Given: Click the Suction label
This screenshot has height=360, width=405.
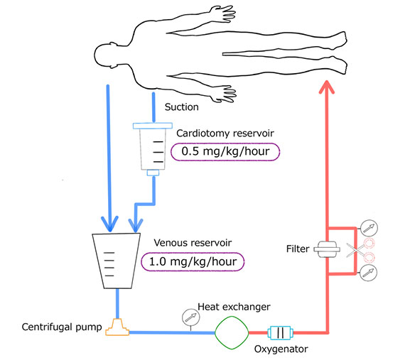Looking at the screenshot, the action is (x=182, y=107).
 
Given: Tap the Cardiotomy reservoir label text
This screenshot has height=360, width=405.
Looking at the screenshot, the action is (x=225, y=133).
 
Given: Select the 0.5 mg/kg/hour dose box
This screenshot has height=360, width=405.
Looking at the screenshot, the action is (x=225, y=152).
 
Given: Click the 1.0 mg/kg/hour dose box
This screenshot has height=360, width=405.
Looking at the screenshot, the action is (x=193, y=262).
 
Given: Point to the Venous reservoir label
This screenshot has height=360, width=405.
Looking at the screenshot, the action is (x=193, y=243).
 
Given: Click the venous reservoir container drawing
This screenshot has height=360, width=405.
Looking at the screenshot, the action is (x=117, y=261).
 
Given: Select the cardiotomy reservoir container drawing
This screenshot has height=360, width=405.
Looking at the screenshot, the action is (x=153, y=149).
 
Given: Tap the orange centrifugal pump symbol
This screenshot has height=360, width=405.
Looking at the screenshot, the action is (x=117, y=327).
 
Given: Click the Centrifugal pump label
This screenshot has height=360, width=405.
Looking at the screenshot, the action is (x=62, y=327).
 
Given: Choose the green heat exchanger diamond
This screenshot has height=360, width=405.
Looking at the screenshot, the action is (x=232, y=332).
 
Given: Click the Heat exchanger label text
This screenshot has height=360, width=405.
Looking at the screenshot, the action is (x=234, y=307).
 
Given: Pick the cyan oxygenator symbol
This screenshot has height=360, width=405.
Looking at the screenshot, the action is (x=280, y=332).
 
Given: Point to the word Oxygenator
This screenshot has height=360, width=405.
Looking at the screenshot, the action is (x=281, y=349).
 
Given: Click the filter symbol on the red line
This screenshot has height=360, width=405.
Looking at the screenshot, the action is (x=327, y=249).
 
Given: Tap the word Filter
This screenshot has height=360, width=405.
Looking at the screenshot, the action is (x=298, y=249).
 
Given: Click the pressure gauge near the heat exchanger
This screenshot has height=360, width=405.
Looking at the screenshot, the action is (x=191, y=317).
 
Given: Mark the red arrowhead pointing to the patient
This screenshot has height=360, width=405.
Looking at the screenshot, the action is (x=327, y=87).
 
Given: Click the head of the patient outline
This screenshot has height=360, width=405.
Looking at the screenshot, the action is (x=104, y=55).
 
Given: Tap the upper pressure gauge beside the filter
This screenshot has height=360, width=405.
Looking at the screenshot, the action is (x=369, y=229).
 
